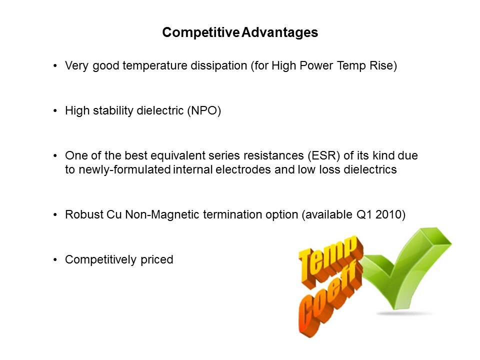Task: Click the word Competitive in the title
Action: click(x=201, y=32)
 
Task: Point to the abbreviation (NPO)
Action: click(x=204, y=110)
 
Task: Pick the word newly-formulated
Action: click(x=124, y=169)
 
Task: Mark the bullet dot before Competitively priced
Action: click(x=55, y=260)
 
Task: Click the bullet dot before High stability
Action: click(x=55, y=111)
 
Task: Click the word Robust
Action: click(x=84, y=214)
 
